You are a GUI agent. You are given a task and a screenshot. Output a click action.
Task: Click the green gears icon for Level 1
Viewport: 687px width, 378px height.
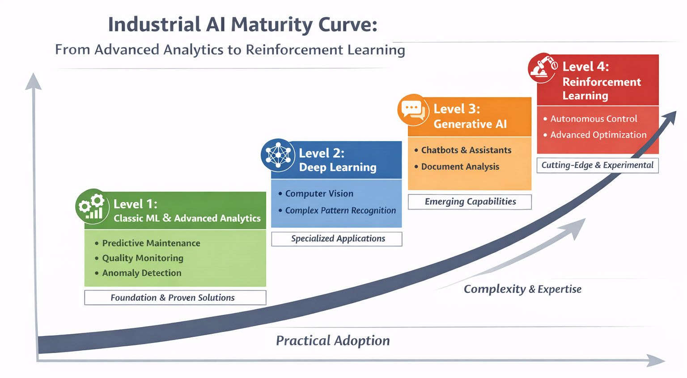tap(92, 206)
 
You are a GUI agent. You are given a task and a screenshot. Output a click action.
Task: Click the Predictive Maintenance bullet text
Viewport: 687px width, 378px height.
tap(151, 243)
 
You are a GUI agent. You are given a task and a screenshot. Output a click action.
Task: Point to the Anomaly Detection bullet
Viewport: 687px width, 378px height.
tap(142, 273)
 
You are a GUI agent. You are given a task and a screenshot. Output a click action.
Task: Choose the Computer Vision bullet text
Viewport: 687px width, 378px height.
tap(319, 193)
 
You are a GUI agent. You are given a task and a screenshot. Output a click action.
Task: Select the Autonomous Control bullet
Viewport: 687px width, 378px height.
tap(594, 119)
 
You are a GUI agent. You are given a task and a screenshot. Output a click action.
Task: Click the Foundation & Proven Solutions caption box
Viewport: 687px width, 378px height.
tap(175, 298)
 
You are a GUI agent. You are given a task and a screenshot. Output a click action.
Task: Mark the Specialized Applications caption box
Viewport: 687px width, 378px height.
tap(337, 239)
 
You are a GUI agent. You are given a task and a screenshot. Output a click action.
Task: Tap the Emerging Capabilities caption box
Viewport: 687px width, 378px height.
tap(470, 202)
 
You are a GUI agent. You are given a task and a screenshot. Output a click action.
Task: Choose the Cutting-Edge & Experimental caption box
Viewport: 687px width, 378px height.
tap(597, 165)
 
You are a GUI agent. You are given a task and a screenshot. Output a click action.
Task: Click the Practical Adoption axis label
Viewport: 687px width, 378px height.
tap(333, 340)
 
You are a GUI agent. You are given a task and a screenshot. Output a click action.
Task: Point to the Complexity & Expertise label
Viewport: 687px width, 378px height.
tap(522, 289)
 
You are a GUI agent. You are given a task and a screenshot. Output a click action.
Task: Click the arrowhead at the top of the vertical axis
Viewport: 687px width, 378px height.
tap(33, 81)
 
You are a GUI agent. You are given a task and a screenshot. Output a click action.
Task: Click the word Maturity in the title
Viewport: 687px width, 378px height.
tap(271, 25)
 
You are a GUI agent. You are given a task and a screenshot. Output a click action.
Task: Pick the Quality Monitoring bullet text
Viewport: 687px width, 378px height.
tap(143, 258)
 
